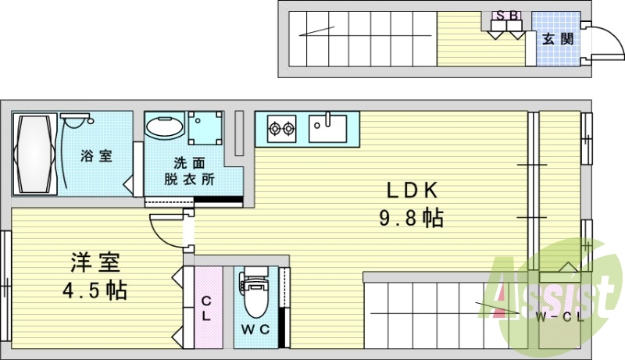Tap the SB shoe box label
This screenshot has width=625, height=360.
coord(505,15)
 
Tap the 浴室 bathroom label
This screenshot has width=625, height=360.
coord(96,155)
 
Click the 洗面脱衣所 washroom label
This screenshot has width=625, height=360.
coord(190,171)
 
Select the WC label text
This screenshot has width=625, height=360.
coord(255,329)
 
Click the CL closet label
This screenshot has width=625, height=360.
coord(206,308)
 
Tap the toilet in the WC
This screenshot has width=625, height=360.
coord(255,293)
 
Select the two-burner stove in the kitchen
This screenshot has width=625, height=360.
coord(281,127)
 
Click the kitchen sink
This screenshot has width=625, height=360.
coord(327,127)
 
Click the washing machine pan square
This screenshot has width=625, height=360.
coord(205,127)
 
